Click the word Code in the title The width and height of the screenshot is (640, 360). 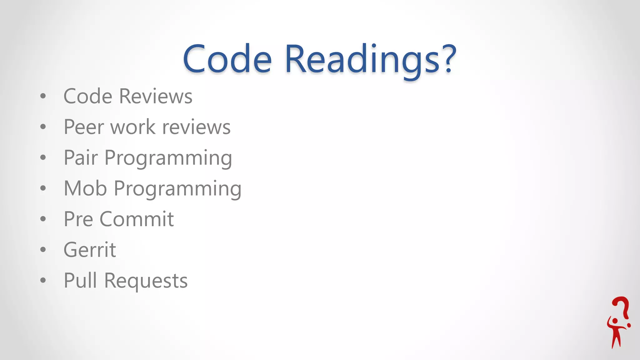pos(227,59)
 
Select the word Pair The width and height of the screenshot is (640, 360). pos(81,157)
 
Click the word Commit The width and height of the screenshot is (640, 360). pos(137,219)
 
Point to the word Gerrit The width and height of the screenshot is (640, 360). pos(90,250)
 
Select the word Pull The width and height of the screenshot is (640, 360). pos(80,280)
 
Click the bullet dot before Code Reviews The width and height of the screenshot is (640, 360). pos(43,96)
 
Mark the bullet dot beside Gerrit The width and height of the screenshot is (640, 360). pos(43,250)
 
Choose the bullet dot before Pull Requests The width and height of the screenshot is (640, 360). pos(43,280)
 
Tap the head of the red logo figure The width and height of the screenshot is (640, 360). pos(615,321)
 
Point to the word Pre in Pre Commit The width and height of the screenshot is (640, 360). pos(78,219)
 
